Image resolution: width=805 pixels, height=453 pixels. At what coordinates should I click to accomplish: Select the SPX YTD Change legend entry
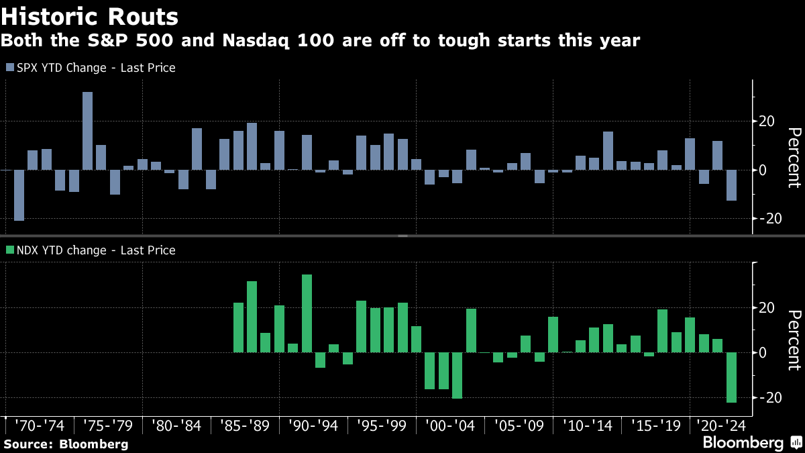click(91, 68)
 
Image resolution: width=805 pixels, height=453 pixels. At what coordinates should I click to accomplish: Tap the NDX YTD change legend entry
click(91, 250)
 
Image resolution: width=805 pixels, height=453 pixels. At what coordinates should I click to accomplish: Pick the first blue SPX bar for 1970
click(19, 195)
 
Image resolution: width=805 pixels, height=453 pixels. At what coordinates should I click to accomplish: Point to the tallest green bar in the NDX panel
click(307, 313)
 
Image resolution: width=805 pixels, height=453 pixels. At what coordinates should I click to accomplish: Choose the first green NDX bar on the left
click(238, 328)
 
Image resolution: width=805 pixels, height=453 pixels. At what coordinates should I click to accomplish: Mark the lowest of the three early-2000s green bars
click(457, 375)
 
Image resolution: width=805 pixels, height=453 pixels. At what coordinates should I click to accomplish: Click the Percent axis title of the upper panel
click(794, 158)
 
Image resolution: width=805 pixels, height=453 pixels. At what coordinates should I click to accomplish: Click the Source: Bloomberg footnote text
click(66, 444)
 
